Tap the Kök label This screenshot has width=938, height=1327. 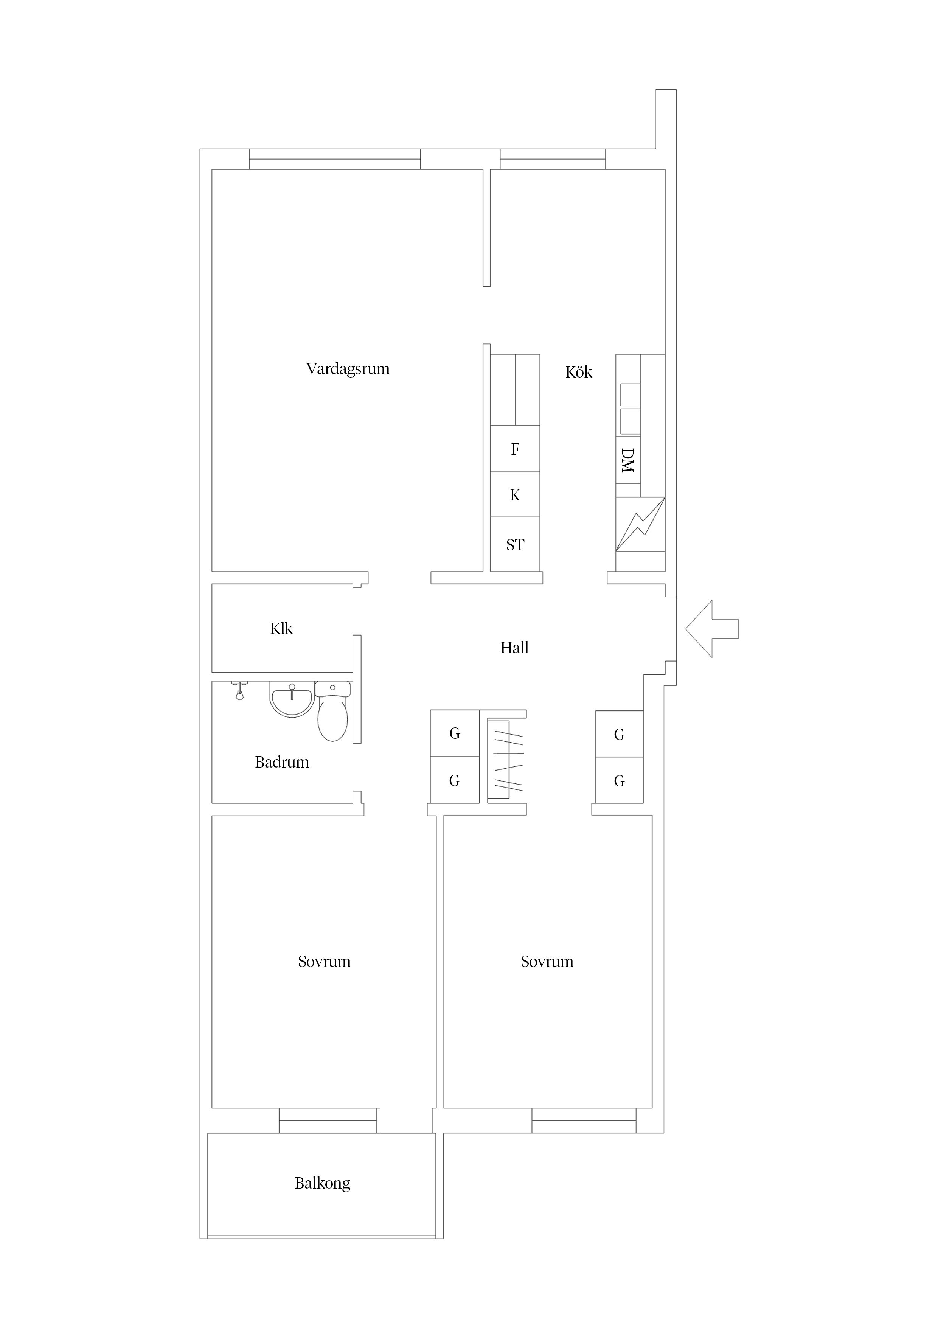click(579, 372)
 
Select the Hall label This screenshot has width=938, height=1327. click(514, 648)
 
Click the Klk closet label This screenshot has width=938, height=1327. click(281, 628)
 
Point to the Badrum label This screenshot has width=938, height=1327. click(282, 762)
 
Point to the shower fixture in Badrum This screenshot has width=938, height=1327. click(239, 691)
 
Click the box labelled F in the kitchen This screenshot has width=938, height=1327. click(515, 449)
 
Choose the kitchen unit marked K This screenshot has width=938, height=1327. click(515, 495)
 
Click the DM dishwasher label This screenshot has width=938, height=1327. click(627, 461)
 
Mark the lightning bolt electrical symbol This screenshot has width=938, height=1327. click(640, 524)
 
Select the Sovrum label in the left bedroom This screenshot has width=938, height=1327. click(324, 961)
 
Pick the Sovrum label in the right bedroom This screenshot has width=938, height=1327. click(547, 961)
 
